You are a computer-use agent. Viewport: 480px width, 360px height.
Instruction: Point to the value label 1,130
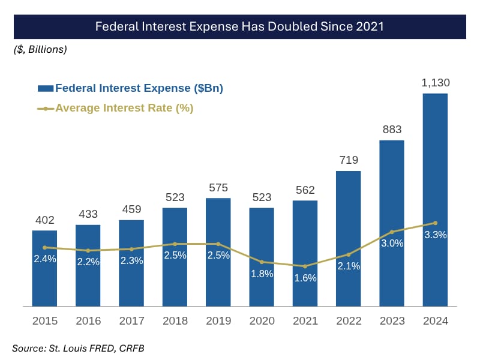435,83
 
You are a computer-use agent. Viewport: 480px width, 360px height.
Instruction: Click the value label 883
392,130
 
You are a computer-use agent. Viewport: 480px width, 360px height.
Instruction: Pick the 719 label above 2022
348,160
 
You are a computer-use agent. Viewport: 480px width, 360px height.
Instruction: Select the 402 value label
44,220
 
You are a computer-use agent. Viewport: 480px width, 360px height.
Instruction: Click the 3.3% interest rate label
435,235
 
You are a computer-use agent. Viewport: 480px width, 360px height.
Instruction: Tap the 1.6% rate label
305,278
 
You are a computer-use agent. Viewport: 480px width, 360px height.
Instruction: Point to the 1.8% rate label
262,274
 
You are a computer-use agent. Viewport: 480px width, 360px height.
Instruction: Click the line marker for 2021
305,266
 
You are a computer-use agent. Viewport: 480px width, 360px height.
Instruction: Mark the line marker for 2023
392,232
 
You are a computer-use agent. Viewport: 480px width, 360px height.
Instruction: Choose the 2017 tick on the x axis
131,321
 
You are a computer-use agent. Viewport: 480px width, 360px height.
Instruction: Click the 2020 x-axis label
262,321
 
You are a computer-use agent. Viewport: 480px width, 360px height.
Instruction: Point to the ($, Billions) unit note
40,49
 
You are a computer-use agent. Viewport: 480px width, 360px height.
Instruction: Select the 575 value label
218,188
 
